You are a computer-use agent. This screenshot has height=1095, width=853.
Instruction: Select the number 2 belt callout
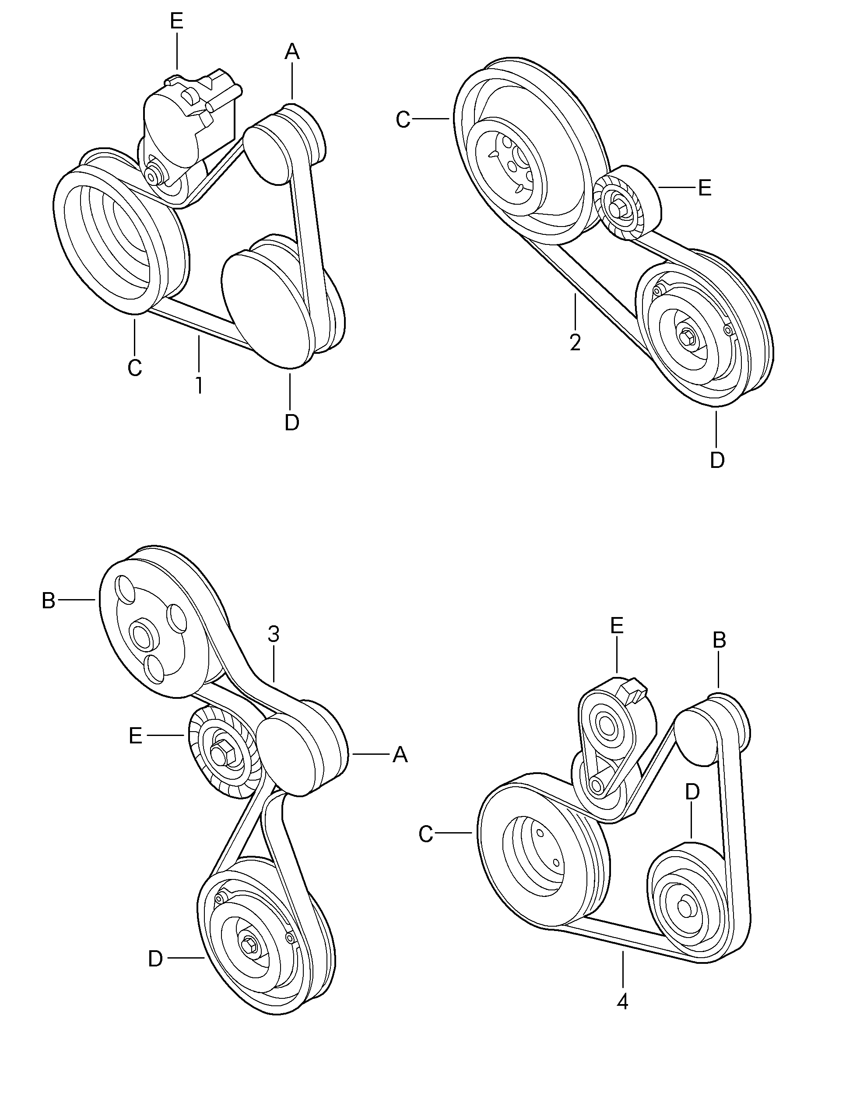click(575, 342)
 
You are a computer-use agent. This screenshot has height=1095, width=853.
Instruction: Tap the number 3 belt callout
click(274, 635)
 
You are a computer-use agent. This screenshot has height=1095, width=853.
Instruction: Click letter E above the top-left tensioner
click(177, 21)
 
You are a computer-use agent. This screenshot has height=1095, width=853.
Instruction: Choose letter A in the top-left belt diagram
click(292, 52)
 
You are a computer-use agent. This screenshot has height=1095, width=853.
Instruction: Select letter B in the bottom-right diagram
click(720, 640)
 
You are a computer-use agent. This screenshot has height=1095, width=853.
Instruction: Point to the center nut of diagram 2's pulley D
click(688, 339)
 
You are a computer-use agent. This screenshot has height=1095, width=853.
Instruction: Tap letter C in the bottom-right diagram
click(425, 835)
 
